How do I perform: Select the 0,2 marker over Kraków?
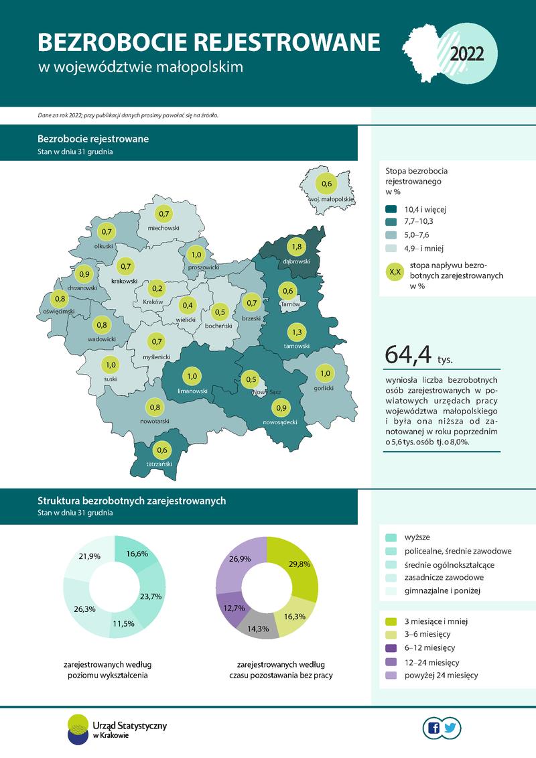point(158,290)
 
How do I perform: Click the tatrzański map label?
point(159,464)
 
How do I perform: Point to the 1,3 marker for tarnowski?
point(296,332)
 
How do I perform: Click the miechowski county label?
point(164,229)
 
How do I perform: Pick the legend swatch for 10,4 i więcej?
point(393,209)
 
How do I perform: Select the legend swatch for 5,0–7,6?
point(393,235)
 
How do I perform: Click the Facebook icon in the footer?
point(433,728)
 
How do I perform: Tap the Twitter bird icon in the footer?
point(451,728)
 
